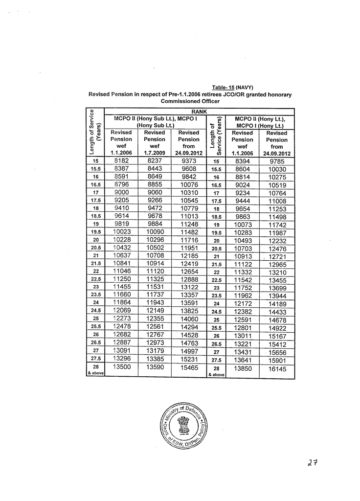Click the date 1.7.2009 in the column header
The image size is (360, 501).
tap(155, 153)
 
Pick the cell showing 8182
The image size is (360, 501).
tap(121, 160)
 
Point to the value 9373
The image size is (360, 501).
tap(188, 160)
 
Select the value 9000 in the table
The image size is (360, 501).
tap(121, 193)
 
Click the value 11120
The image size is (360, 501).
tap(155, 271)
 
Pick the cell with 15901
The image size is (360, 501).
tap(277, 361)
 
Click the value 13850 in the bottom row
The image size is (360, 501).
tap(243, 369)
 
